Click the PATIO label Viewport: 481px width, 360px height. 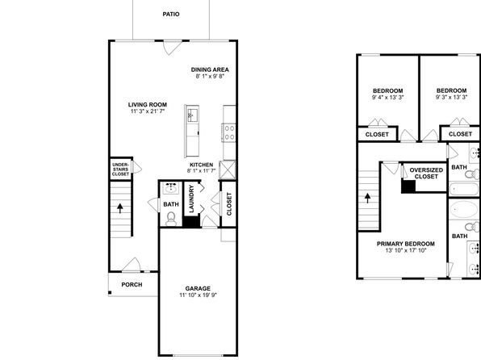coord(171,14)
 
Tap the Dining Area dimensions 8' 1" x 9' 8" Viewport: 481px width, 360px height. coord(210,76)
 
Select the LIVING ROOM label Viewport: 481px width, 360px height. coord(148,105)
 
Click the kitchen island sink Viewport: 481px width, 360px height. coord(190,115)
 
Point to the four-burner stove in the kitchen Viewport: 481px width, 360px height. coord(229,132)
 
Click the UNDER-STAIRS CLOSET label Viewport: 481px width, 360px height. coord(120,170)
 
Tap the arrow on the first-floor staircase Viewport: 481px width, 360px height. coord(120,208)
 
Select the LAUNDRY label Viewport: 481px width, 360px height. coord(192,199)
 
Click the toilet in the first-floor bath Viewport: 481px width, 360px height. coord(171,219)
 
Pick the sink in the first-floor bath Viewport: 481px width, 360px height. coord(171,188)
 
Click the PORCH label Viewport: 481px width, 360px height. coord(132,285)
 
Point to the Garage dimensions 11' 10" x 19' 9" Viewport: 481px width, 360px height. coord(199,295)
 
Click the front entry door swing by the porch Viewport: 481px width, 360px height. coord(132,265)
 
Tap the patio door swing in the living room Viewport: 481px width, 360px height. coord(171,48)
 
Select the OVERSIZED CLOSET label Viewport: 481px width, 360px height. coord(426,174)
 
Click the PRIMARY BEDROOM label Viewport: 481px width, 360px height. coord(405,244)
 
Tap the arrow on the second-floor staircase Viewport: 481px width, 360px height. coord(367,198)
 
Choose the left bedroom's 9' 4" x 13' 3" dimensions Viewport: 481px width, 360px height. coord(387,98)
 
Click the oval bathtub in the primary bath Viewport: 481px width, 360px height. coord(463,209)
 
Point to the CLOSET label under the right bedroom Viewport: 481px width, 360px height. coord(460,134)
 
